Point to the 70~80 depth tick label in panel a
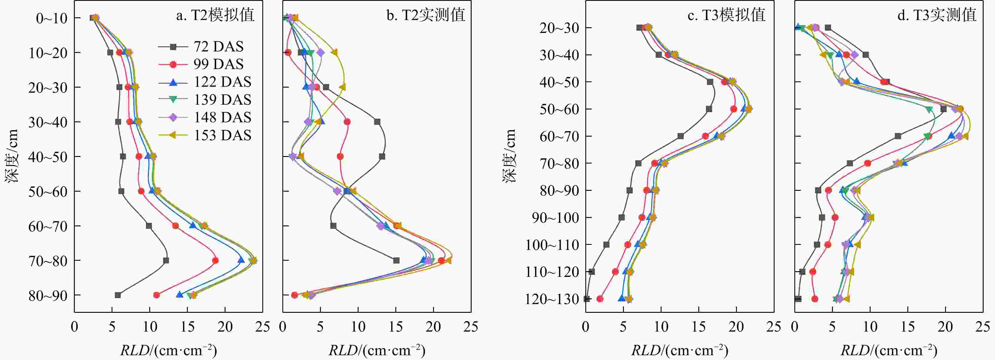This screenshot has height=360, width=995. [48, 261]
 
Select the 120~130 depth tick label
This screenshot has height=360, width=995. [552, 299]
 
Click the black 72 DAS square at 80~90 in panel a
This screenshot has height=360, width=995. [118, 295]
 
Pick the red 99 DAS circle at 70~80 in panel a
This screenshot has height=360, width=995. [215, 260]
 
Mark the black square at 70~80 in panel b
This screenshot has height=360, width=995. [396, 260]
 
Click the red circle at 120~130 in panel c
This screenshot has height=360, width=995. [600, 299]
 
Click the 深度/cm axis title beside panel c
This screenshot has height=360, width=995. [510, 156]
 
